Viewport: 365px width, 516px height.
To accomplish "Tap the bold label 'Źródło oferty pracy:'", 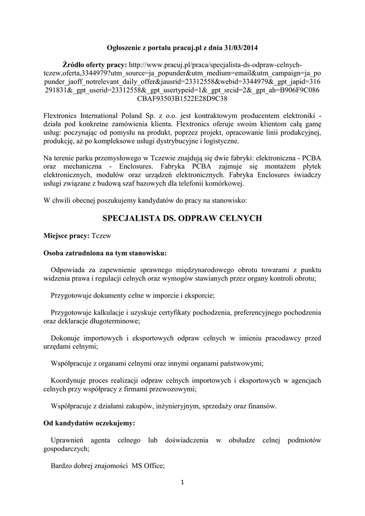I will pyautogui.click(x=95, y=65).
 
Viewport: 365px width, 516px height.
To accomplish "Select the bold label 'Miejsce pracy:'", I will pyautogui.click(x=66, y=236).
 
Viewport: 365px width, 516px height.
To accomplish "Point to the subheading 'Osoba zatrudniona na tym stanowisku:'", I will pyautogui.click(x=105, y=252).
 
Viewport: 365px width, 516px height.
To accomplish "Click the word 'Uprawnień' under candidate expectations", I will pyautogui.click(x=69, y=440).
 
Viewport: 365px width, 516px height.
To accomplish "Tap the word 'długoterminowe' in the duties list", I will pyautogui.click(x=114, y=320).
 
